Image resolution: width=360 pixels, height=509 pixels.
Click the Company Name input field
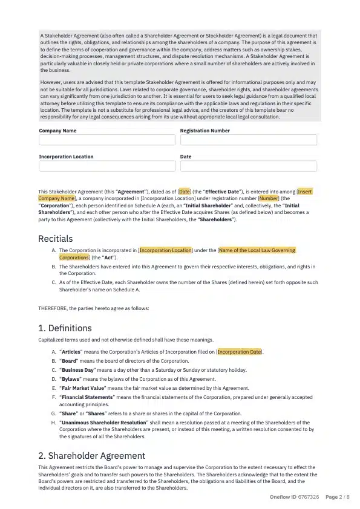(x=107, y=140)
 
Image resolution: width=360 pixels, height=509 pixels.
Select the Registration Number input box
(x=248, y=140)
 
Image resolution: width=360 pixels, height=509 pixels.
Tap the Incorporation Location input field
(x=107, y=166)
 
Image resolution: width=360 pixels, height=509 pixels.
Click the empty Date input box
(x=248, y=166)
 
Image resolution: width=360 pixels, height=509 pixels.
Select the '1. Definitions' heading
(x=65, y=328)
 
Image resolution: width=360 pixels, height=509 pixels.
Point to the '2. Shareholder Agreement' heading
(x=91, y=455)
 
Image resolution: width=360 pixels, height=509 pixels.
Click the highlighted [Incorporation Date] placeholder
(x=240, y=352)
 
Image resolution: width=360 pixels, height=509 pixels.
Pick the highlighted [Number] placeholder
(x=269, y=198)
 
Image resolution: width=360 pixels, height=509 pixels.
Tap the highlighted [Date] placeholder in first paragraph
(x=185, y=191)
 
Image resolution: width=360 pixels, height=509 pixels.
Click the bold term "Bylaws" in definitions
(x=71, y=378)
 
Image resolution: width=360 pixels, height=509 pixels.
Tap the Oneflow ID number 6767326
(x=309, y=497)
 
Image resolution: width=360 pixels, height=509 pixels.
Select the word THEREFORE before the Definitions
(x=53, y=308)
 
